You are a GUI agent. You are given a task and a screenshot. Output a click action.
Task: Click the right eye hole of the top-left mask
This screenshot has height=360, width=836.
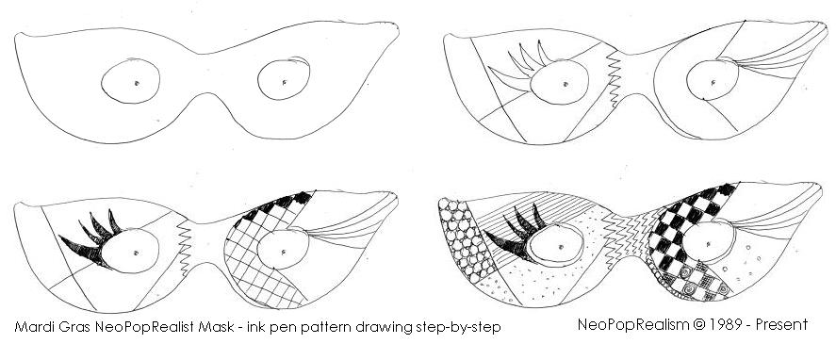[285, 81]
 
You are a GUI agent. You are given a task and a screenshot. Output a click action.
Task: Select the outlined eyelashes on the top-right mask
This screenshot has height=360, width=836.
[516, 64]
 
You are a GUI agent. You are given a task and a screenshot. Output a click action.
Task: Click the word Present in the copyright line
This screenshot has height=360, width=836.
[779, 324]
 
